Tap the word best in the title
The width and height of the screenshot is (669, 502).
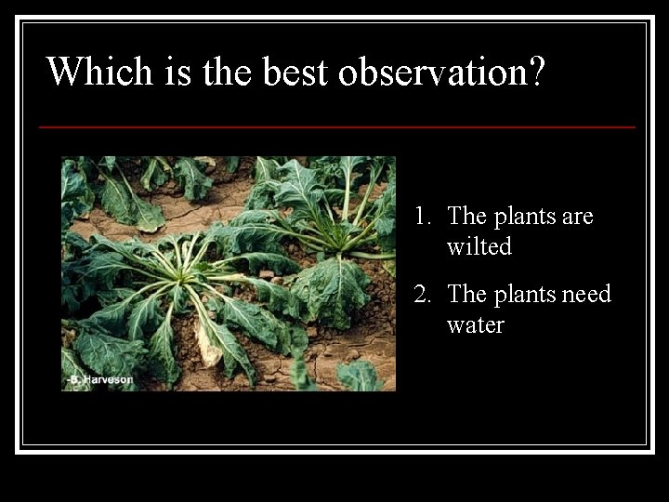click(296, 72)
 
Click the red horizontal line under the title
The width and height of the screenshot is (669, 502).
click(337, 126)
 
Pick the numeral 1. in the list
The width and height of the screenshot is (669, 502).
click(424, 217)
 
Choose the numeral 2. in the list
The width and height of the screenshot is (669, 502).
click(424, 295)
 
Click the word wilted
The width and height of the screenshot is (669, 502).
click(479, 246)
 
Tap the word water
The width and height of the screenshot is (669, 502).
click(475, 325)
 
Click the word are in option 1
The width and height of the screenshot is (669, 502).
click(577, 217)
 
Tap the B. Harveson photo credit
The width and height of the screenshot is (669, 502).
click(99, 379)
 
